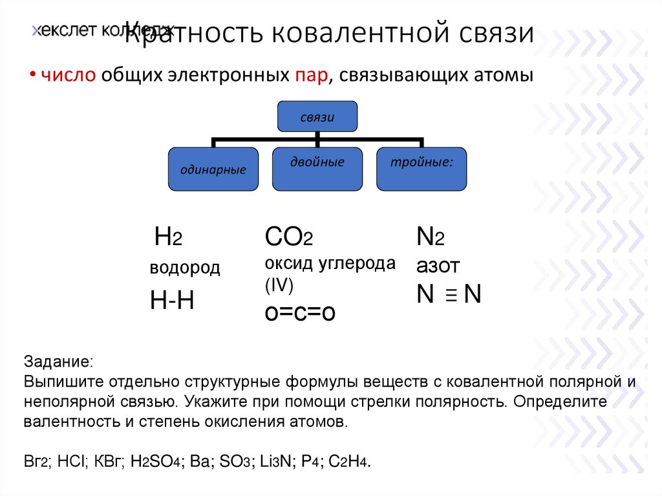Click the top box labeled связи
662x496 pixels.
317,117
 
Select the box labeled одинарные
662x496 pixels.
213,169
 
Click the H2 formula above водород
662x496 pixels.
168,238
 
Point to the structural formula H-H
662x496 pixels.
172,300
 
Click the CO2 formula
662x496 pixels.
289,237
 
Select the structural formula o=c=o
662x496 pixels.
300,312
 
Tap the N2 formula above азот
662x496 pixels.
430,237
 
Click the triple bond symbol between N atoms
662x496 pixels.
451,296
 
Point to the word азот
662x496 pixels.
438,265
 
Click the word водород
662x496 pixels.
185,268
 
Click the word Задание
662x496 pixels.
58,359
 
